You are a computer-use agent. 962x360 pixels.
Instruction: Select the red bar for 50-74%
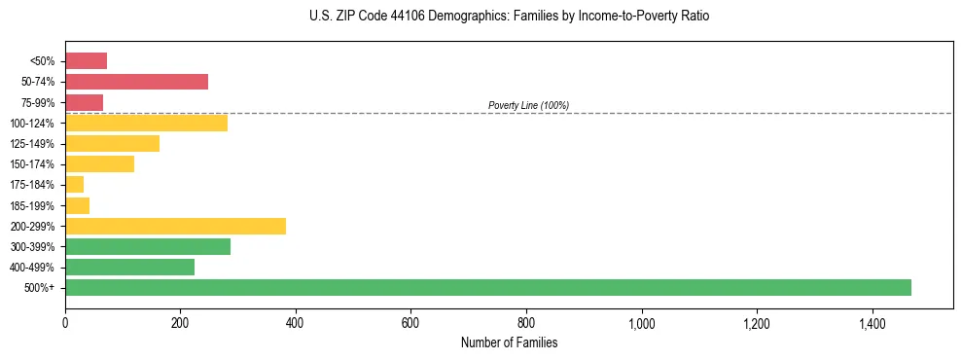136,82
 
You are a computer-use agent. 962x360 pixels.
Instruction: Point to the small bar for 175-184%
74,185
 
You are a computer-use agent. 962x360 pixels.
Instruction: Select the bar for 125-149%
112,144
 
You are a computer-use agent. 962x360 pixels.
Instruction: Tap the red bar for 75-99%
84,102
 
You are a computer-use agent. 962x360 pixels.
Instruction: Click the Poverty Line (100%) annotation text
528,105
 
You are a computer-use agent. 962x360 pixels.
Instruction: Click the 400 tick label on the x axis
295,324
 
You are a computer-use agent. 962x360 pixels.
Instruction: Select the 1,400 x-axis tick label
872,324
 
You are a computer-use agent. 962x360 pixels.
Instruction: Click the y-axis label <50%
44,61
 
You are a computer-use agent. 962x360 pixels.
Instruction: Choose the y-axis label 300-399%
34,247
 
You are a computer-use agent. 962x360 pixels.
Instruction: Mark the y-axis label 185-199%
34,205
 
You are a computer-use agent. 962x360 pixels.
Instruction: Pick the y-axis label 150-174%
34,164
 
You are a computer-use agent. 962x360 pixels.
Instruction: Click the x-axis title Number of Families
509,342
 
